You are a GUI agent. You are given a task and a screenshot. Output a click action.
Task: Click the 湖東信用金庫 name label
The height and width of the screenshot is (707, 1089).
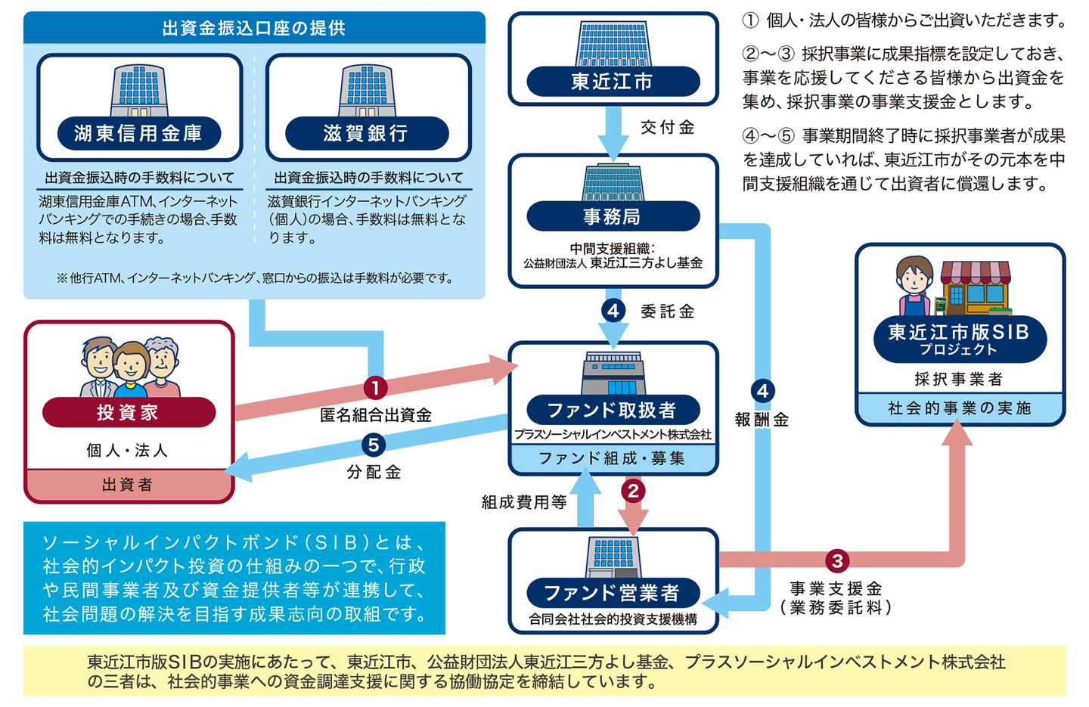138,134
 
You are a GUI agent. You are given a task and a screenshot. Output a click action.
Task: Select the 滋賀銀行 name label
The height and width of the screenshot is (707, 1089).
366,134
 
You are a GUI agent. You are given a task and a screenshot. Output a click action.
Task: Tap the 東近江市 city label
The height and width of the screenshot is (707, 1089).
613,82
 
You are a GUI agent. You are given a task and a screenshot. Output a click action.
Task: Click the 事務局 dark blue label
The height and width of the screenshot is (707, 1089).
613,217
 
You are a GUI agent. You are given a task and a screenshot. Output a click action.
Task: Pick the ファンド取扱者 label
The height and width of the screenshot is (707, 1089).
612,411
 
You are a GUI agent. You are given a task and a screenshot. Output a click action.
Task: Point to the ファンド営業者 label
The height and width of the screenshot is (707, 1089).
612,593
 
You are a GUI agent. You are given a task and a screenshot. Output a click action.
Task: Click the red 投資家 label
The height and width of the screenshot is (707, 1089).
128,413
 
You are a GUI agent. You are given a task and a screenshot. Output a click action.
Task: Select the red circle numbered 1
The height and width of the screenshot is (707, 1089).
375,388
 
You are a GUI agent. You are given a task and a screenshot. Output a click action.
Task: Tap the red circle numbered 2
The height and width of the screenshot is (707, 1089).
633,491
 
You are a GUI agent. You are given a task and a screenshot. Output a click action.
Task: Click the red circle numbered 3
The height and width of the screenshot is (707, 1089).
837,560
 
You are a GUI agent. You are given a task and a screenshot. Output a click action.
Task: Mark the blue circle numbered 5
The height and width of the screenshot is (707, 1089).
374,445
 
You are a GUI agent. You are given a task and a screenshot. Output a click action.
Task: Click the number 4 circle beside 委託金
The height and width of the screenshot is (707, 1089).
613,310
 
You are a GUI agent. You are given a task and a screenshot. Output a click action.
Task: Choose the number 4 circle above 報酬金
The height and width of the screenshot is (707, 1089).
762,390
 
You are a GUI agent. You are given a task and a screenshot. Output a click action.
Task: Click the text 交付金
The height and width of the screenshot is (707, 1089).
668,128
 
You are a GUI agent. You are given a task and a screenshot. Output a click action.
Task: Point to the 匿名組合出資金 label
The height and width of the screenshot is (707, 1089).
376,415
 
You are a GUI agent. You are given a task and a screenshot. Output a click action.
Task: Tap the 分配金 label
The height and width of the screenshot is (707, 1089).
374,473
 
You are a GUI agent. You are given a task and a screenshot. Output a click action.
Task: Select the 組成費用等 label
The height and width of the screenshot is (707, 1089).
524,502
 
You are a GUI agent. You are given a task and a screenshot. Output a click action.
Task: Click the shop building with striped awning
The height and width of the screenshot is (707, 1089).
976,287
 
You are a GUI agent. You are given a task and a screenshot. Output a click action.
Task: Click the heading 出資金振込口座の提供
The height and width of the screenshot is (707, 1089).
254,28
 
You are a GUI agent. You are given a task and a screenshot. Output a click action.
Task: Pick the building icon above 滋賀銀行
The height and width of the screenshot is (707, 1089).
367,91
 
